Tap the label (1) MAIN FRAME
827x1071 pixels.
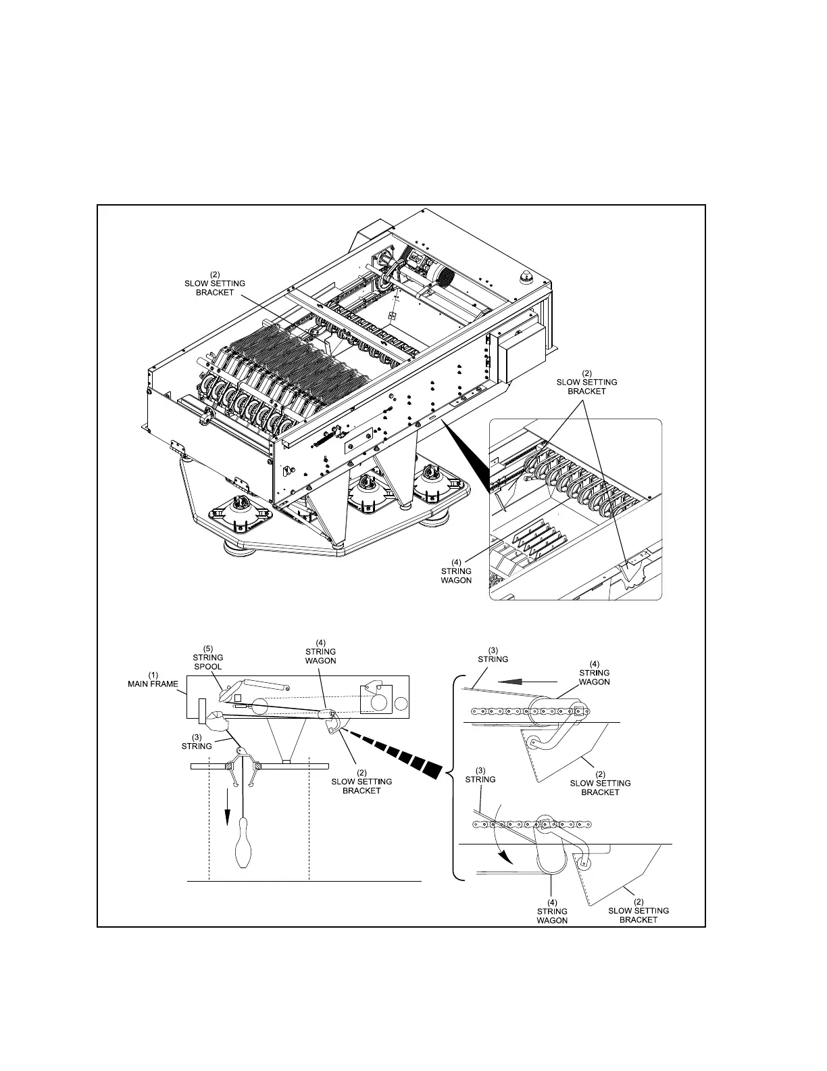[153, 679]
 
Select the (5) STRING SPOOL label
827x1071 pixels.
[208, 657]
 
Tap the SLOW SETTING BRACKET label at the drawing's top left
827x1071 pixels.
[215, 283]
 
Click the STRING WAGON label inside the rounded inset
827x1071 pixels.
[456, 571]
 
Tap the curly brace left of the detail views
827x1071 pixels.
[453, 778]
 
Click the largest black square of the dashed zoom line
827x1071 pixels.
[433, 768]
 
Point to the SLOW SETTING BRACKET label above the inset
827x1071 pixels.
[586, 382]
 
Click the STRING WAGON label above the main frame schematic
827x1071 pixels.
[320, 651]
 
